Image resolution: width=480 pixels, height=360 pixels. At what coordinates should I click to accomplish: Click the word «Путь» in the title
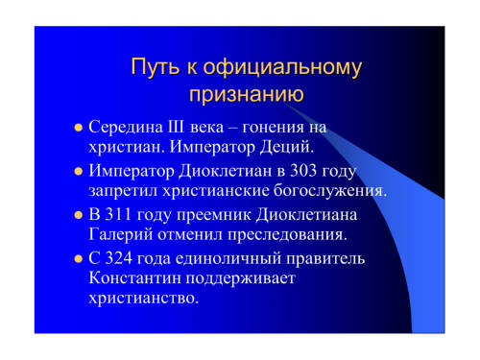[x=155, y=67]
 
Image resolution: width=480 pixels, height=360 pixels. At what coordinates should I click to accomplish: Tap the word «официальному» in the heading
[x=282, y=68]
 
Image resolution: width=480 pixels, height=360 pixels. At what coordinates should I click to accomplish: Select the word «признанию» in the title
[x=247, y=95]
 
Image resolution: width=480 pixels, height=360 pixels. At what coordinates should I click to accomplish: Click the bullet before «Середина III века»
[x=79, y=128]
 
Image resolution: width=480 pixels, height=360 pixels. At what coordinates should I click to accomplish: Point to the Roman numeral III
[x=176, y=127]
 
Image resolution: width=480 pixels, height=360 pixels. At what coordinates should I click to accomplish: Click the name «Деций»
[x=287, y=147]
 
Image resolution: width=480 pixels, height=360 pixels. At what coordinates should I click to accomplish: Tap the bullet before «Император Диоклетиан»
[x=79, y=171]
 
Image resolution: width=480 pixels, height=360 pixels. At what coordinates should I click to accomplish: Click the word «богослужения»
[x=330, y=191]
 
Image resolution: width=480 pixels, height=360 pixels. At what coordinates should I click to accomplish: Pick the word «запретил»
[x=123, y=191]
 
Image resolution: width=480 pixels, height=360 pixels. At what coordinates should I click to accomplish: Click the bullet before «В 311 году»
[x=79, y=215]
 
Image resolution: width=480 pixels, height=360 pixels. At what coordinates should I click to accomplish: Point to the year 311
[x=118, y=214]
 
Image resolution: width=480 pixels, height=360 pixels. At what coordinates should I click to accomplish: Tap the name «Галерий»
[x=120, y=234]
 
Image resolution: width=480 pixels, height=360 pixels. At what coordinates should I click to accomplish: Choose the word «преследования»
[x=287, y=235]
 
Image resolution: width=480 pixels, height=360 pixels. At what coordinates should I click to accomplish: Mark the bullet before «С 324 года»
[x=79, y=258]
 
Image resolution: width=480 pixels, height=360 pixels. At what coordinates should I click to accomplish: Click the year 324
[x=119, y=258]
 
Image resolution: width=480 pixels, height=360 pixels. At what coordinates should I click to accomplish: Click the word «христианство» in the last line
[x=144, y=299]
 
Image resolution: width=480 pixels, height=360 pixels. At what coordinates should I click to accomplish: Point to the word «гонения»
[x=273, y=128]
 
